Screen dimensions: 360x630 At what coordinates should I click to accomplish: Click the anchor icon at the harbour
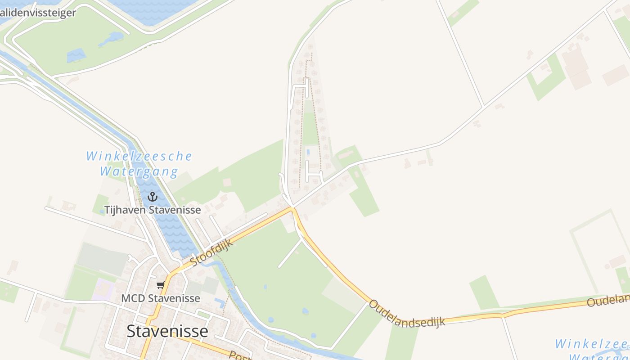(153, 197)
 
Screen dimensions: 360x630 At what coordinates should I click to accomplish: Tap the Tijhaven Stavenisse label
(153, 210)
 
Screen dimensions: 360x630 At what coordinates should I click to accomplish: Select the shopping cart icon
(160, 285)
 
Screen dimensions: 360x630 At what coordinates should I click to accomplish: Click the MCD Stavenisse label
(161, 298)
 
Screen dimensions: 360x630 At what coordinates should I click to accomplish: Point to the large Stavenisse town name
(167, 331)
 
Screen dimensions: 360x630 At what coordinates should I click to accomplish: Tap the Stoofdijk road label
(212, 252)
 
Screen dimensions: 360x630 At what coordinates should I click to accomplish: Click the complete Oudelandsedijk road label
(407, 314)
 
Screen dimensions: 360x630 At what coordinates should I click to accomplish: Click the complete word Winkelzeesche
(139, 157)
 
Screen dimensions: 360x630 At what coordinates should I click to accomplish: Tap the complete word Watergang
(139, 171)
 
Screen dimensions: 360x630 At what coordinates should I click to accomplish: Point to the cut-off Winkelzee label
(592, 344)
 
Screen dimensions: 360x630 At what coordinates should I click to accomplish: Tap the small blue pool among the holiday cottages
(308, 152)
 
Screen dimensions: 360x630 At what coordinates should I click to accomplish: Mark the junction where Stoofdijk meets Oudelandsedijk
(293, 208)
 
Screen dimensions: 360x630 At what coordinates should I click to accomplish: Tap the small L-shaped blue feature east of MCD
(220, 302)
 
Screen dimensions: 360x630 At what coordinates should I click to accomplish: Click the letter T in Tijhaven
(108, 210)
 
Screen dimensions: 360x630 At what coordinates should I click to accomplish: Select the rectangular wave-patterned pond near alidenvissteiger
(76, 55)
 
